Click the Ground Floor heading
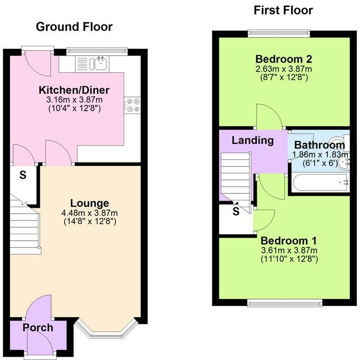(74, 26)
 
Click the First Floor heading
(283, 10)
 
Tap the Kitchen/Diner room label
(74, 90)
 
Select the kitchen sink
(99, 63)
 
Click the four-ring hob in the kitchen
(132, 105)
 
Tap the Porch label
(38, 327)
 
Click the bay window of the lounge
(106, 331)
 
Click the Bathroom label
(319, 145)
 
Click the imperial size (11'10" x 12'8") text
(288, 259)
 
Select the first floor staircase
(235, 177)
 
